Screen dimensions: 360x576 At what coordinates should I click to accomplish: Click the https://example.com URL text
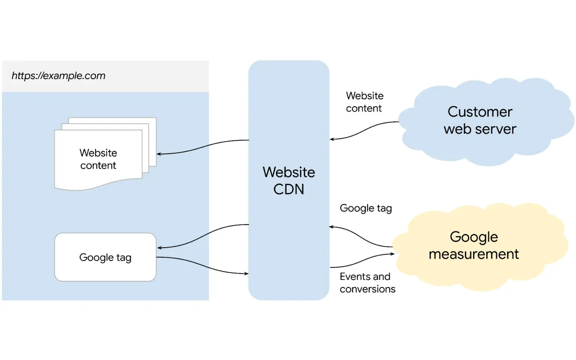click(58, 76)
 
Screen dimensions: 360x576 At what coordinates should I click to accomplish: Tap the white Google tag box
click(105, 257)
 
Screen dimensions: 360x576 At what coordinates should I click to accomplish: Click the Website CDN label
click(288, 180)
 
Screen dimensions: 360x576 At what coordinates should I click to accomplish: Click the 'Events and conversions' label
click(367, 283)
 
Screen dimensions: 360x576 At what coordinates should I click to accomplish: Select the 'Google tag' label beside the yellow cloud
click(366, 208)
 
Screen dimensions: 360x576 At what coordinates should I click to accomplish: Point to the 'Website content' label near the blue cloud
click(364, 102)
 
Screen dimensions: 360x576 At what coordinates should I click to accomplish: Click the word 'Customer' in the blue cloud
click(480, 112)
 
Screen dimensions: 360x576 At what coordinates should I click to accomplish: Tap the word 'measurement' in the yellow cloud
click(473, 254)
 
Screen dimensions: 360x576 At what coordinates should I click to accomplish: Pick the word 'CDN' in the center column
click(288, 189)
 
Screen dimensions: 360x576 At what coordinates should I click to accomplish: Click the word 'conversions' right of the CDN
click(367, 289)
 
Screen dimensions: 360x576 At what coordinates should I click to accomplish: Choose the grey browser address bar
click(105, 76)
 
